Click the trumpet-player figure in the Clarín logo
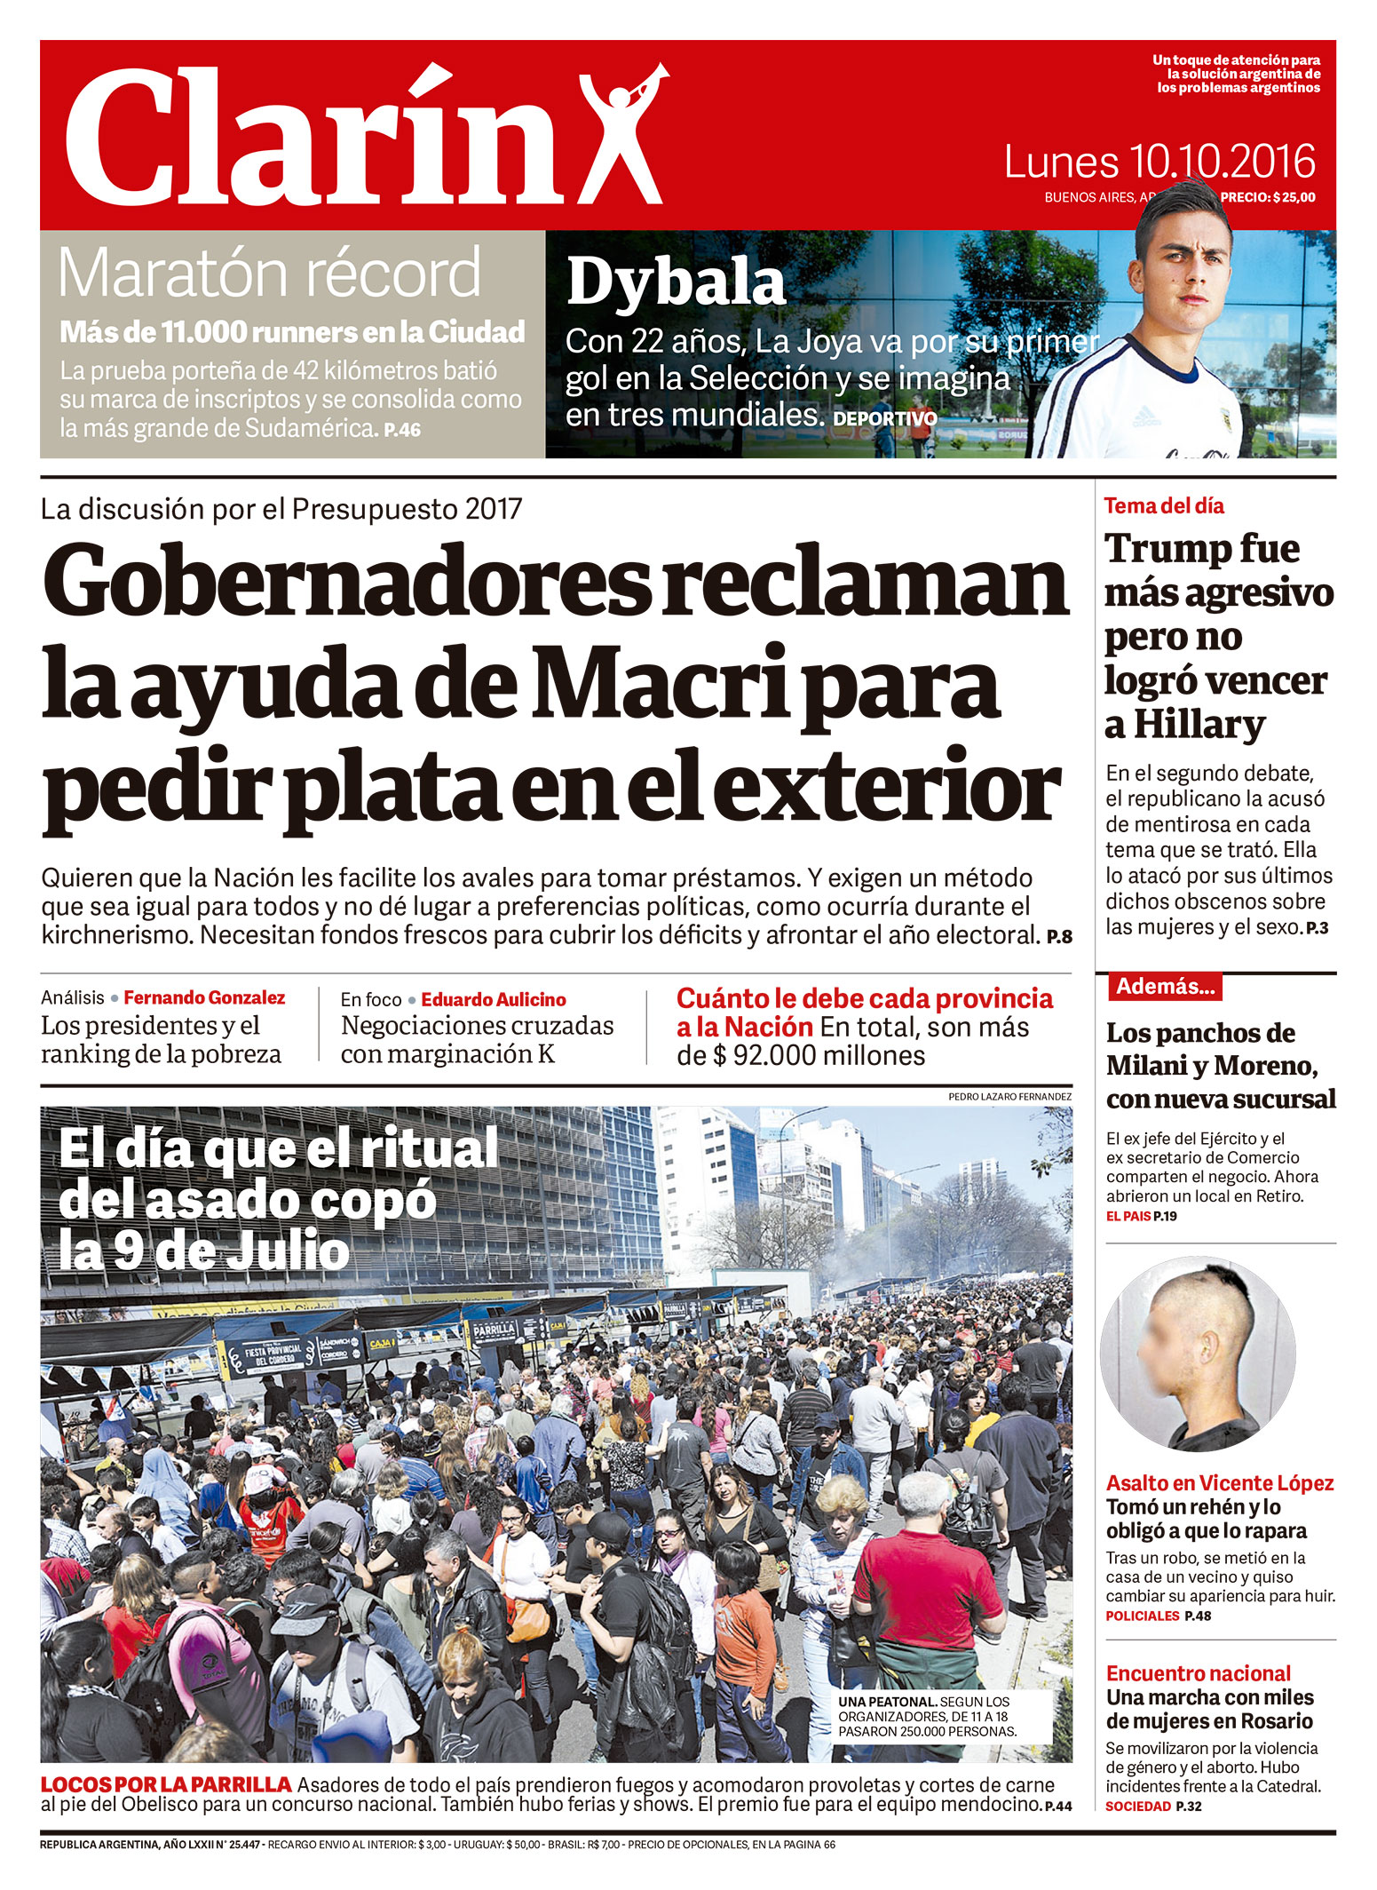(621, 133)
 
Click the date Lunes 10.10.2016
(1159, 163)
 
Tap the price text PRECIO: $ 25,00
(1268, 197)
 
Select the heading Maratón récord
(269, 274)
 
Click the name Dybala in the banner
(677, 282)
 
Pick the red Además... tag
(1165, 986)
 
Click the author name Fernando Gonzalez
(204, 997)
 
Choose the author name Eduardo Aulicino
(494, 999)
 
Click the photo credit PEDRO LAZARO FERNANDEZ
(1009, 1097)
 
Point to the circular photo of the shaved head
(1197, 1353)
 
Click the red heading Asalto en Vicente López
(1219, 1482)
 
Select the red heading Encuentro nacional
(1198, 1673)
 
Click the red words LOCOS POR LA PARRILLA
(166, 1783)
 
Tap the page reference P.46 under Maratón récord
(402, 430)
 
